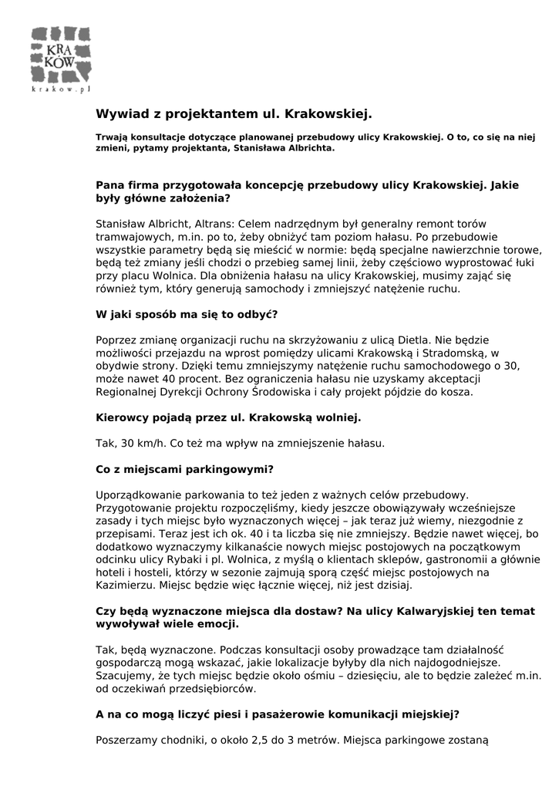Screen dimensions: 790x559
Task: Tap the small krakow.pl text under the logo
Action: tap(60, 90)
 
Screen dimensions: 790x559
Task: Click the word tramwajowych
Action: tap(131, 237)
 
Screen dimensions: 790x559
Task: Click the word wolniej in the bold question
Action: tap(334, 418)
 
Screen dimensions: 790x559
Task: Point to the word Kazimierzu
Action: tap(127, 586)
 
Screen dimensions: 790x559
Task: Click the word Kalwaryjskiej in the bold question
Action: tap(381, 611)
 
